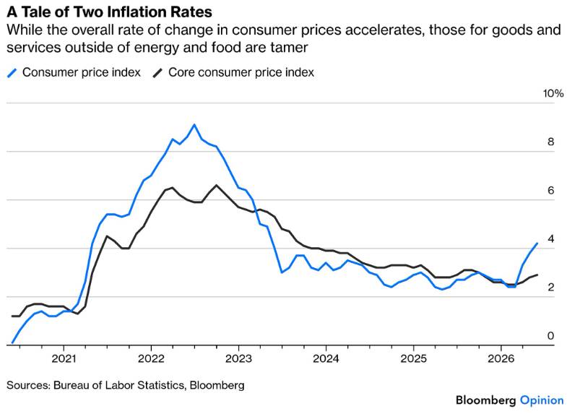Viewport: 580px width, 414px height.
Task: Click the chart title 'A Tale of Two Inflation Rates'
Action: pyautogui.click(x=110, y=12)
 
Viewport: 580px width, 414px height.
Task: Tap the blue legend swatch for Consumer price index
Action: pyautogui.click(x=12, y=73)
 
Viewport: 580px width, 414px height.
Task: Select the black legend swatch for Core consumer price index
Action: pyautogui.click(x=158, y=73)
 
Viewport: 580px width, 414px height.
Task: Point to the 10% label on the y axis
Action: pyautogui.click(x=553, y=94)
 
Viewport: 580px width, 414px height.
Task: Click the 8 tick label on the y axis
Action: pyautogui.click(x=551, y=142)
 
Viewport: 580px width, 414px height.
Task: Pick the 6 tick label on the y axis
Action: pyautogui.click(x=551, y=191)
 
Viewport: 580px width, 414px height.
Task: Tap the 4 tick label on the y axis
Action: pyautogui.click(x=551, y=239)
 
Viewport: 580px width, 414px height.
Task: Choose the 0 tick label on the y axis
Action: pyautogui.click(x=551, y=336)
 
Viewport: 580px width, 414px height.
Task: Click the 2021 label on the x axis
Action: pyautogui.click(x=64, y=358)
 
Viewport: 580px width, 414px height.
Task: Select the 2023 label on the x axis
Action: pyautogui.click(x=238, y=358)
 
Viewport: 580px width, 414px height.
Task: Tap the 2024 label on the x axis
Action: pyautogui.click(x=326, y=358)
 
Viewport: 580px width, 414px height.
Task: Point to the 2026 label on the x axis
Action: pyautogui.click(x=501, y=358)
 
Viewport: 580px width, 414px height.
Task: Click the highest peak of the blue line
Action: pyautogui.click(x=194, y=125)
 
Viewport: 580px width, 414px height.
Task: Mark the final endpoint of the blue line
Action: pyautogui.click(x=537, y=243)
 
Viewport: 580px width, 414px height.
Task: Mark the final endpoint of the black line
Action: pyautogui.click(x=537, y=275)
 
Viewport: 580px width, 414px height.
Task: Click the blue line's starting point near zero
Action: pyautogui.click(x=12, y=343)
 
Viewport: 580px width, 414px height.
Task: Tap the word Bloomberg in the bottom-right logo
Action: pyautogui.click(x=485, y=400)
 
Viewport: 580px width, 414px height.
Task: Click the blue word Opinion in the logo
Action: pyautogui.click(x=542, y=401)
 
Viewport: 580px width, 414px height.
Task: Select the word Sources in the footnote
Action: pyautogui.click(x=28, y=385)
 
